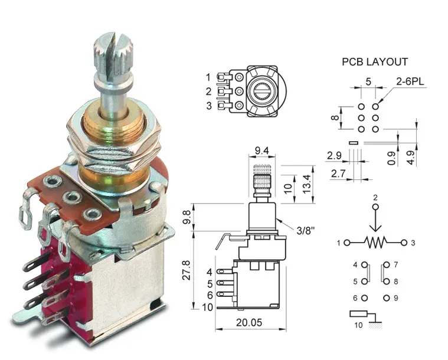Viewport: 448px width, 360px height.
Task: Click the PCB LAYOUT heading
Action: (375, 62)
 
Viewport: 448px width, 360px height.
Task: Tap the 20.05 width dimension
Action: (249, 322)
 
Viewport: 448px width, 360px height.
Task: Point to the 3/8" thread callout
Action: (306, 230)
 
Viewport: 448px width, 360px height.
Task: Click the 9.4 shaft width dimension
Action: (261, 150)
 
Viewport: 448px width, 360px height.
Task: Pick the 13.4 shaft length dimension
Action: (306, 184)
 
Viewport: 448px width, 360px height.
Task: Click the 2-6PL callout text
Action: (410, 81)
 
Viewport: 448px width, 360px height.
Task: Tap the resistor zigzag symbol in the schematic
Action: (375, 243)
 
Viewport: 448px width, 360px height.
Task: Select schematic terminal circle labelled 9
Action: (387, 298)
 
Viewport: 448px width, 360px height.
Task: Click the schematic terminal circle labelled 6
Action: (365, 298)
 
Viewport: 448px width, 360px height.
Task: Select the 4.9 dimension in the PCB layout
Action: (411, 158)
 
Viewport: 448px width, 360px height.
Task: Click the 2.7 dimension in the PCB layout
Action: (338, 174)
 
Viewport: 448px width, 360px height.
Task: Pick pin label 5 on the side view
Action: (210, 284)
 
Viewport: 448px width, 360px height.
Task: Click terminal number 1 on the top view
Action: (208, 77)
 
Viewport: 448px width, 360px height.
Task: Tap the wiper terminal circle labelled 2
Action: (375, 207)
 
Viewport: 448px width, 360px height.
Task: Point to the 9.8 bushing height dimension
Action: (187, 217)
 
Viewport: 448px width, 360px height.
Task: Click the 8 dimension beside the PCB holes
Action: (335, 117)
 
